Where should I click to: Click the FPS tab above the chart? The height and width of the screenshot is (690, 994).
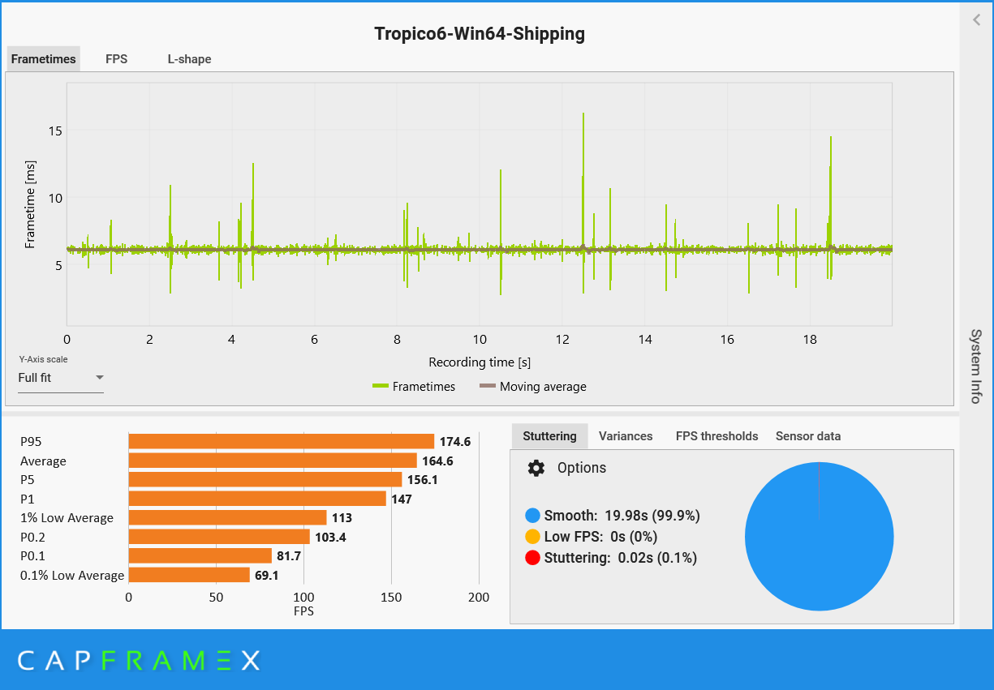point(116,59)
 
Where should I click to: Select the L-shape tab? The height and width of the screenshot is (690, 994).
point(189,59)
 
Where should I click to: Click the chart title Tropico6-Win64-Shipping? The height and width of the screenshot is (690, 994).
point(479,33)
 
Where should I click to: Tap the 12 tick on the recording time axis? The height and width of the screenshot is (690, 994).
point(562,340)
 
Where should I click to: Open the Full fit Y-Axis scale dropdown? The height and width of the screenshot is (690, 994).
point(61,378)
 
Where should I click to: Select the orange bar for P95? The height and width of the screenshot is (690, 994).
point(281,441)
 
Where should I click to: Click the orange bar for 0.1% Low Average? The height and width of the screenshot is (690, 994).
point(189,575)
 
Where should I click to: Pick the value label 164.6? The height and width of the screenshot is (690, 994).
point(438,461)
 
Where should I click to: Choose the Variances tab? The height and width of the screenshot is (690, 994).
point(626,436)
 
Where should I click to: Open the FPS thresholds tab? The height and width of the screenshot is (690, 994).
point(716,436)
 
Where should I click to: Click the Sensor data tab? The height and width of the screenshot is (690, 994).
point(808,436)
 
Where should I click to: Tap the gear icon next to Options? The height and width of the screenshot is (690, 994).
point(536,468)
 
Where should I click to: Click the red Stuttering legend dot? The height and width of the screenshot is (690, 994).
point(532,558)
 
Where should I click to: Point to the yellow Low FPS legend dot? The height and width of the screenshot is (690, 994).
point(532,537)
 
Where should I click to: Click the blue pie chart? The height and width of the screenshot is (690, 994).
point(819,536)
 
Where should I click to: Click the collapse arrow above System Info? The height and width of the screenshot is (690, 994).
point(977,20)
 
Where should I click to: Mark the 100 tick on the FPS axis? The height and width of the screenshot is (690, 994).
point(303,598)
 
